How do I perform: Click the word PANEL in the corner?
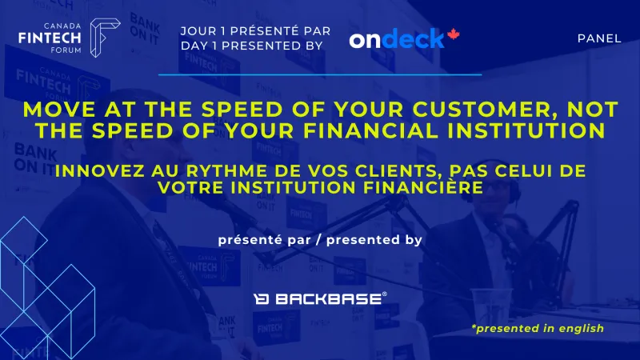[x=598, y=38]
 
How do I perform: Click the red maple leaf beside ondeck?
[x=453, y=36]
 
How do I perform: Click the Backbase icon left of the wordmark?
[x=261, y=299]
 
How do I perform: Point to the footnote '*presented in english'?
[x=537, y=328]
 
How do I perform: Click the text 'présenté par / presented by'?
[x=319, y=239]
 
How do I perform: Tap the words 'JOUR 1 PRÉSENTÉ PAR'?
[x=256, y=31]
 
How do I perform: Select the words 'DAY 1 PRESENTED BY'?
[x=252, y=46]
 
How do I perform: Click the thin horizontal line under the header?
[x=320, y=74]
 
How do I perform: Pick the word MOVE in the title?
[x=57, y=108]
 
